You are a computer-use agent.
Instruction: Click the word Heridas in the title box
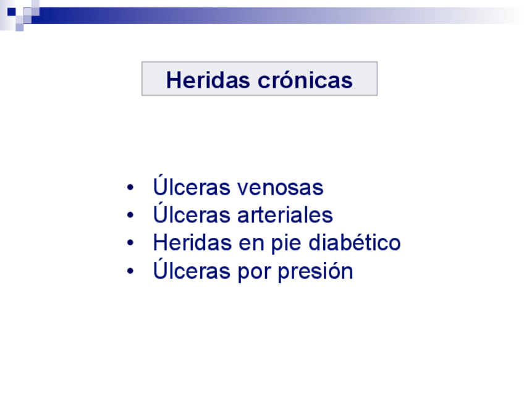click(208, 80)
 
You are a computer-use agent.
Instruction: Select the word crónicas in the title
click(305, 80)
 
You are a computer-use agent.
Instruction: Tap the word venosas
click(280, 187)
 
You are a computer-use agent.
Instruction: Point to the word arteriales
click(285, 215)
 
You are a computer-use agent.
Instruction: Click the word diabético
click(354, 242)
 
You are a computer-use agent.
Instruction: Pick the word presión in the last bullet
click(315, 271)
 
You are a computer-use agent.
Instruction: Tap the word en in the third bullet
click(251, 244)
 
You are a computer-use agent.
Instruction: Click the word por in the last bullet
click(253, 273)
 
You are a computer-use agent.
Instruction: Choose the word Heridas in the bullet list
click(192, 242)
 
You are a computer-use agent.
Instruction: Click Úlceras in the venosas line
click(192, 185)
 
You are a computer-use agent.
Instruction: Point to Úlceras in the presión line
click(192, 269)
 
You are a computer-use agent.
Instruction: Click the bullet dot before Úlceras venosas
click(130, 187)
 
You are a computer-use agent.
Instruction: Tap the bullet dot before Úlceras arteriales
click(130, 215)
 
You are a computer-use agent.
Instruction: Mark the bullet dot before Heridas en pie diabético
click(130, 243)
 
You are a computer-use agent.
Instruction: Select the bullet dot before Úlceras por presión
click(130, 271)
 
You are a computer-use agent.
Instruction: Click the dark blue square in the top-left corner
click(12, 12)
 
